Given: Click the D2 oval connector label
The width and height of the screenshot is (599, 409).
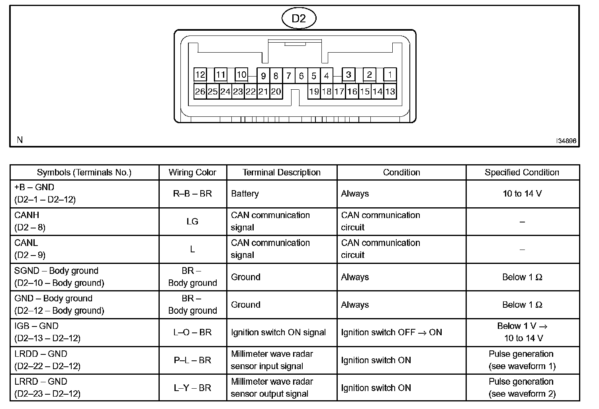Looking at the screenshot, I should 298,18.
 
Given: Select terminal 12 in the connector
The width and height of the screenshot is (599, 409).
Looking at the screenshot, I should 200,75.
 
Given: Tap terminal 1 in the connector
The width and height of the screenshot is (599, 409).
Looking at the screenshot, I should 390,74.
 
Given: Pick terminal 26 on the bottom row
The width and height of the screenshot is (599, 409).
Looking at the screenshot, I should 200,92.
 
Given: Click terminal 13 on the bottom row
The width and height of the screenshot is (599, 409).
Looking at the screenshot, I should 390,92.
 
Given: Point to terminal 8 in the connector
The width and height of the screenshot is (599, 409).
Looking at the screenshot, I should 276,76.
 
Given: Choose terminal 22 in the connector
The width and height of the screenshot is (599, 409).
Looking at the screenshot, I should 251,92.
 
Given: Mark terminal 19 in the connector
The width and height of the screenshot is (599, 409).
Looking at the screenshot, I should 314,92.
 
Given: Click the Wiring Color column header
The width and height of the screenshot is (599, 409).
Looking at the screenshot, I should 192,173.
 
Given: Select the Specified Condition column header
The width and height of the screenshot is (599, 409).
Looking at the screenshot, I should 522,173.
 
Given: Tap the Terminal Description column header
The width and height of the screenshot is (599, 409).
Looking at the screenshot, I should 282,173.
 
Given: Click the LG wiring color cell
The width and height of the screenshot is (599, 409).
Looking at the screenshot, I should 192,221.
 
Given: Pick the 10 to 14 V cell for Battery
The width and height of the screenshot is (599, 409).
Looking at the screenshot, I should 522,194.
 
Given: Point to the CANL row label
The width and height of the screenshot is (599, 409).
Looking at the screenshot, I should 26,243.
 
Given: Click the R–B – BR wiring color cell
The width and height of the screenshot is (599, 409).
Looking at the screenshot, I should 192,194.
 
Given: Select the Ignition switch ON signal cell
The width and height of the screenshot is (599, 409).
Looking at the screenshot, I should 278,332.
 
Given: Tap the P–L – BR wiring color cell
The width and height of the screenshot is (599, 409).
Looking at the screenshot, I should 192,360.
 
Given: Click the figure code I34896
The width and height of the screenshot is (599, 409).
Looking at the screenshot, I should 566,141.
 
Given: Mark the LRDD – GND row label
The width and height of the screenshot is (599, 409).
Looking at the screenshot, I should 41,354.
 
